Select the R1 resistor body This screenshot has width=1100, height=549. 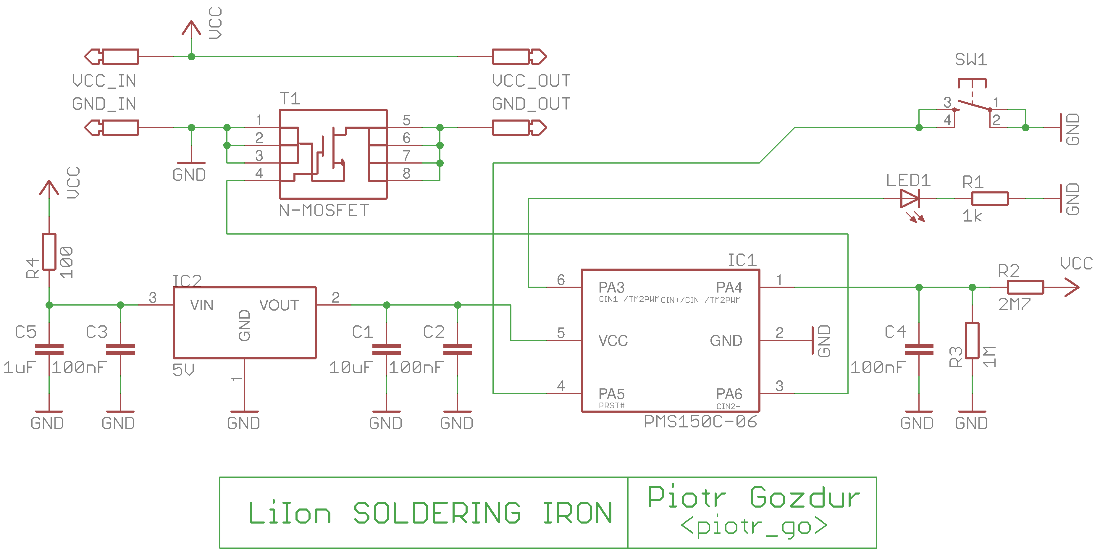(990, 198)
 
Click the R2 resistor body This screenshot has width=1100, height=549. (1025, 287)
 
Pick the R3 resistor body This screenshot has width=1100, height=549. (972, 340)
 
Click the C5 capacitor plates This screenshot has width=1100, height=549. (49, 349)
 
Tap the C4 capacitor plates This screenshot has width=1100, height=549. (919, 349)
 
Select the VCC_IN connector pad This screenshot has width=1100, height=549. (112, 56)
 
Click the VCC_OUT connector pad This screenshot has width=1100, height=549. (519, 56)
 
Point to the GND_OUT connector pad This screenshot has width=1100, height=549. (519, 127)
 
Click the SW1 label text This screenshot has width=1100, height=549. (971, 60)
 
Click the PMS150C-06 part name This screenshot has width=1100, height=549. (700, 422)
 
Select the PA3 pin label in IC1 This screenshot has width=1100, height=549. (611, 287)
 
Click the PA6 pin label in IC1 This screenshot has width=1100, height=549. (729, 394)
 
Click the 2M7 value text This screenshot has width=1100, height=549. (1014, 304)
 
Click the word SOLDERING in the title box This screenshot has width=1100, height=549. (437, 513)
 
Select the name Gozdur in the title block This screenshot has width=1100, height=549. (805, 497)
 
